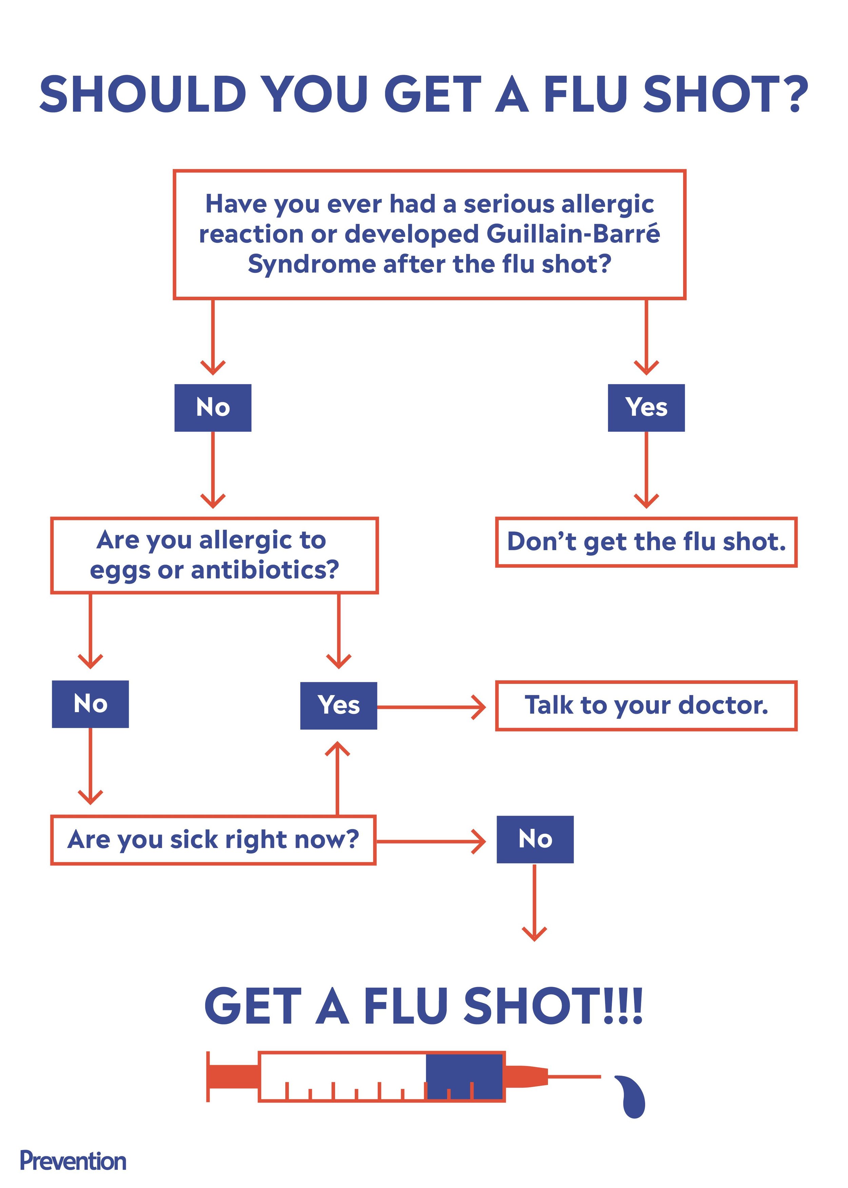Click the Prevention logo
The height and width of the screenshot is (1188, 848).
click(73, 1161)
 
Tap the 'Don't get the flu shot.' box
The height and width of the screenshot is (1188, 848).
click(646, 542)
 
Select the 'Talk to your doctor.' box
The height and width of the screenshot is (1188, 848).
click(646, 705)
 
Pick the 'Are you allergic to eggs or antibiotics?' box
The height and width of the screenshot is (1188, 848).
click(214, 555)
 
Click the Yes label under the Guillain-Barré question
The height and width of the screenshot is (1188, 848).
click(646, 408)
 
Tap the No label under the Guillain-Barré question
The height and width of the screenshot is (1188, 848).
click(213, 408)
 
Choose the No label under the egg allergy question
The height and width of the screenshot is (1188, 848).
click(90, 704)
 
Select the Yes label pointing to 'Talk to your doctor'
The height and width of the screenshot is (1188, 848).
click(339, 705)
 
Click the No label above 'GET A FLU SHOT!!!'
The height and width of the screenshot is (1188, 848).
click(535, 839)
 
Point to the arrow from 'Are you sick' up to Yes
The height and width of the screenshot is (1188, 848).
click(338, 778)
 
